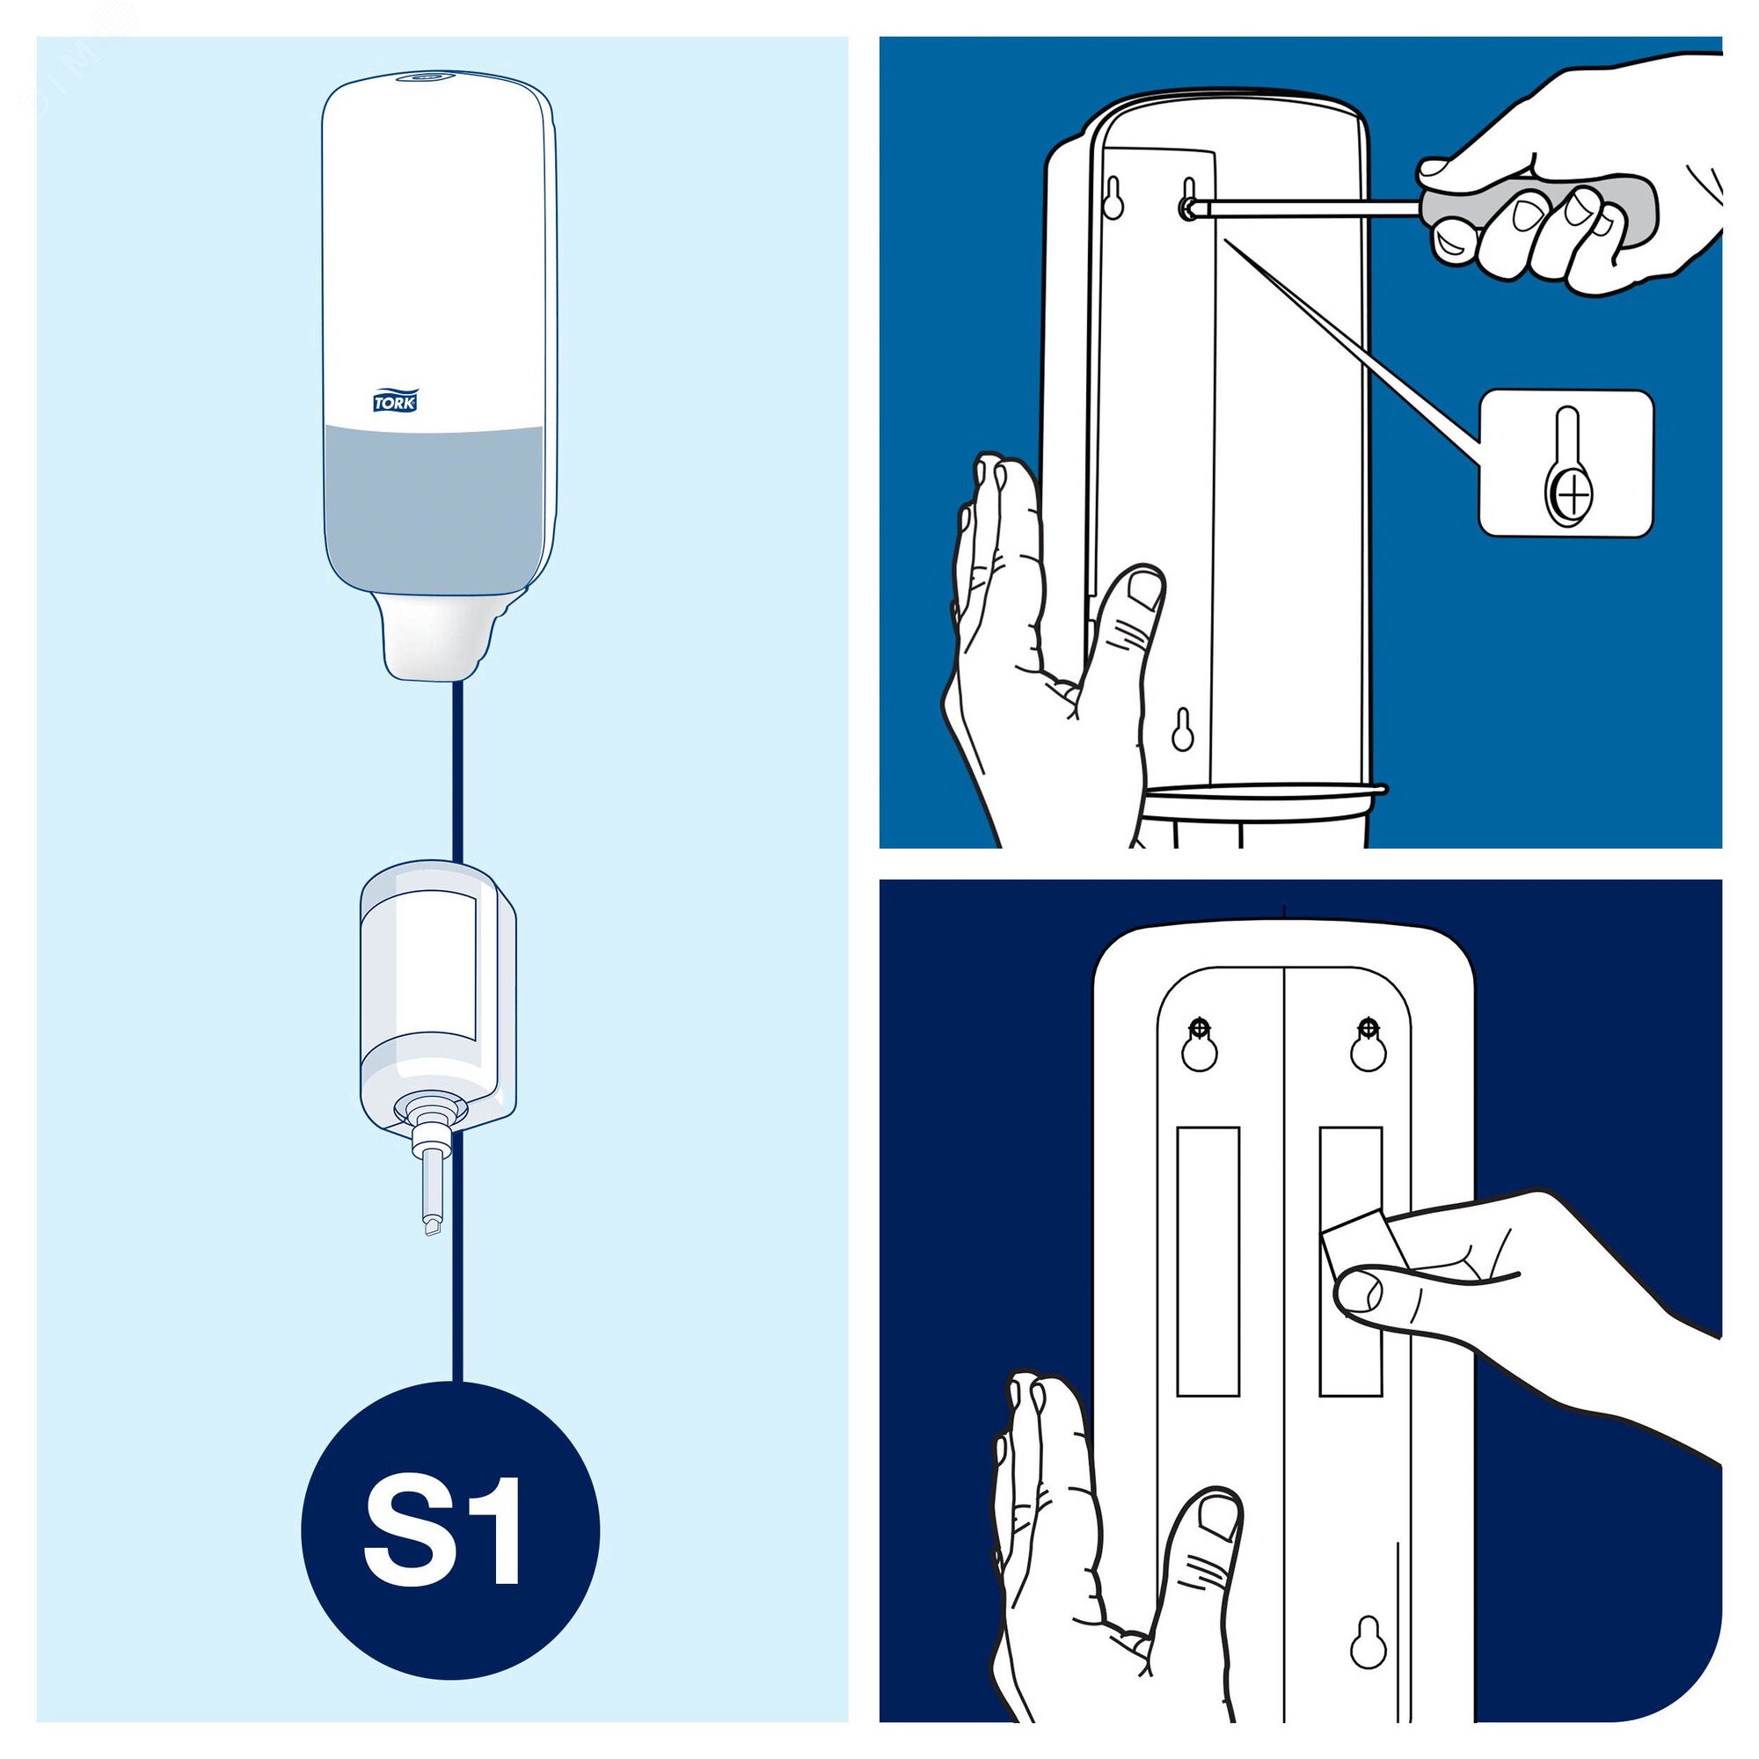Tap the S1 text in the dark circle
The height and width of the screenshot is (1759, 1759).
tap(443, 1535)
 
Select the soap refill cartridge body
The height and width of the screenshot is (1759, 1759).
tap(438, 997)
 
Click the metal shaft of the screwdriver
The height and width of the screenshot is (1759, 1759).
tap(1311, 209)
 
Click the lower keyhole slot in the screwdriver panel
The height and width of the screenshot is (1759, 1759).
tap(1183, 729)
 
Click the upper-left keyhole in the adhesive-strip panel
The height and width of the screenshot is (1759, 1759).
tap(1201, 1044)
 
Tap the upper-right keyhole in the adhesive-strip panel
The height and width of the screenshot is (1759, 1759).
tap(1367, 1044)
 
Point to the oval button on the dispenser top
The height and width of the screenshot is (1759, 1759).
tap(430, 79)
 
